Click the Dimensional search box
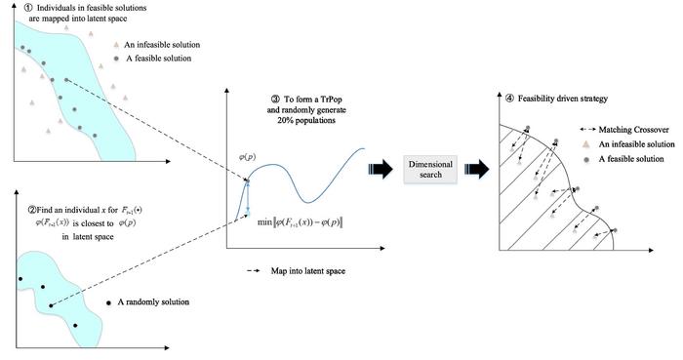pos(424,169)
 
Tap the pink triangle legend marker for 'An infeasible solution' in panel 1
pos(116,45)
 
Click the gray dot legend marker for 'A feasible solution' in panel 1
pos(116,59)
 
